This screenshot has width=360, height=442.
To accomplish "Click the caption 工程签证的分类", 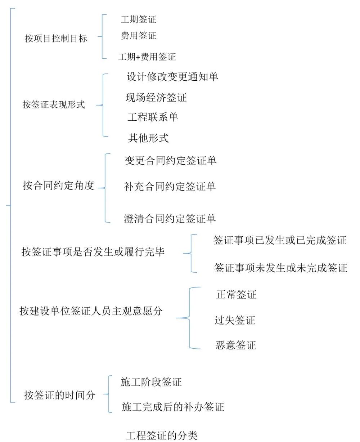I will point(162,435).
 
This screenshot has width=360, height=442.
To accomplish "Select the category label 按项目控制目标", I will point(56,39).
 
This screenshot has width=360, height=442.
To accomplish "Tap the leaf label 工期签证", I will point(138,19).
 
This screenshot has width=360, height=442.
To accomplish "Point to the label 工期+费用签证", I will point(147,57).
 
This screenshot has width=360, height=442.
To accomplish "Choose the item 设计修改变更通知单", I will point(172,77).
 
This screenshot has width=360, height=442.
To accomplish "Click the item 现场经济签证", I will point(156,98).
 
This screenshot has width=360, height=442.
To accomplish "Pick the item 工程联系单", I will point(153,117).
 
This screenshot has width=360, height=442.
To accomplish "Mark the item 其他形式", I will point(148,138).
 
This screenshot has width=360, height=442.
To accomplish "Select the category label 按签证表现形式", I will point(54,105).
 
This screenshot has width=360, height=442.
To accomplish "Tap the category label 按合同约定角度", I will point(58,186).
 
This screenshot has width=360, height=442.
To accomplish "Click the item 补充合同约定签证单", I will point(170,186).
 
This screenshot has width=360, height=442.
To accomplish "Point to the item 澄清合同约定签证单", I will point(170,218).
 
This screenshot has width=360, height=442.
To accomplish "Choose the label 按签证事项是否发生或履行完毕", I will point(93,252).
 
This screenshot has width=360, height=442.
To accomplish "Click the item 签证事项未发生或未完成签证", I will point(280,268).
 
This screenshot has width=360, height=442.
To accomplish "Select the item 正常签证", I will point(236,295).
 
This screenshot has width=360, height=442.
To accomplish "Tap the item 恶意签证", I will point(235,345).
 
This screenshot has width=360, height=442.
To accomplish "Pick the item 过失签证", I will point(235,320).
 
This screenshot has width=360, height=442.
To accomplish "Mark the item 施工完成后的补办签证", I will point(173,407).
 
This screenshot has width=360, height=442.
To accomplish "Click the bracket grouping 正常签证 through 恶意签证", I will point(190,318).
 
